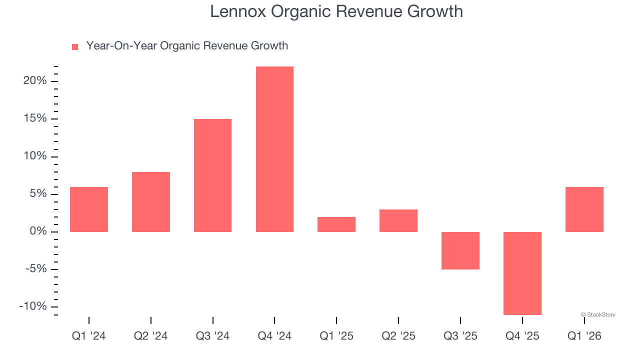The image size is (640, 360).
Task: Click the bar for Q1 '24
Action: coord(89,209)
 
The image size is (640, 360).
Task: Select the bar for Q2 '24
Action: coord(151,201)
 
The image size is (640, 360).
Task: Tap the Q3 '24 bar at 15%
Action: coord(212,175)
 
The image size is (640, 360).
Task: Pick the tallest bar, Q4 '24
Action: coord(274,149)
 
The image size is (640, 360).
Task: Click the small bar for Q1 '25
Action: coord(336,224)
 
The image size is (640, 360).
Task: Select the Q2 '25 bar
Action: coord(398,220)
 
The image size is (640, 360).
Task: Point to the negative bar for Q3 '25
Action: coord(460,250)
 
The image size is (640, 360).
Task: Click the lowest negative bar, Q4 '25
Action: coord(522,273)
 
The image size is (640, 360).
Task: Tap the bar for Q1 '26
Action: coord(584,209)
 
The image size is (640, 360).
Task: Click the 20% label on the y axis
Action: coord(35,81)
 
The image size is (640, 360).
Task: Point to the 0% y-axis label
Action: coord(38,231)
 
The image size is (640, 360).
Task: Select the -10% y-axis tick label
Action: coord(33,306)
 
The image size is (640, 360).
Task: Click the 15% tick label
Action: coord(35,118)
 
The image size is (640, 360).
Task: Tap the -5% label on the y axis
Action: coord(35,269)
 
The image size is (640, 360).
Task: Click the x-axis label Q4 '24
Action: coord(274,336)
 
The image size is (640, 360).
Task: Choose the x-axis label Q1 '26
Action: coord(584,336)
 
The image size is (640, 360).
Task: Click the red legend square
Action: coord(75,46)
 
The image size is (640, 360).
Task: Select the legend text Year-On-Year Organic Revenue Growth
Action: coord(187,46)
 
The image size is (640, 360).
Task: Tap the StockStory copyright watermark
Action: coord(598,314)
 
